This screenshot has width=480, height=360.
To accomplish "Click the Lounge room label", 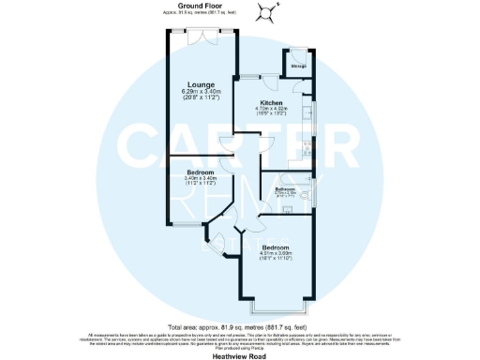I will [x=200, y=83].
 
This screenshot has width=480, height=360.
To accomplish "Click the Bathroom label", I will [x=285, y=189].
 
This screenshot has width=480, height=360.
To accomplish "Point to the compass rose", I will [x=266, y=12].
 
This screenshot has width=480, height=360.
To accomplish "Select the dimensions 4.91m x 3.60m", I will [x=278, y=253].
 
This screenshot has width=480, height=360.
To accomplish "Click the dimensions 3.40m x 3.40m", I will [x=200, y=179].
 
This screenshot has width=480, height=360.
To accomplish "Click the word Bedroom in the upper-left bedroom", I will [x=200, y=172].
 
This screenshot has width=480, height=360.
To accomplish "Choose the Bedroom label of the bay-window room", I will [x=278, y=247].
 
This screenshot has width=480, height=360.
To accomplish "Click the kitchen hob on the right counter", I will [x=309, y=148].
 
